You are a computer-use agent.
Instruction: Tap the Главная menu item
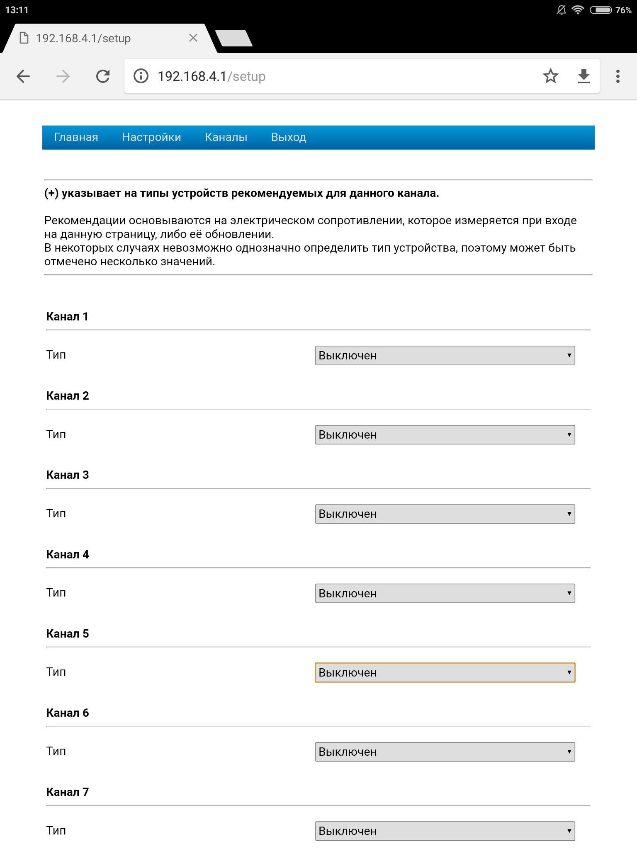pos(76,137)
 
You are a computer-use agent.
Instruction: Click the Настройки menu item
pos(151,137)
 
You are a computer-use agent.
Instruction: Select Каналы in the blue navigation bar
pos(226,137)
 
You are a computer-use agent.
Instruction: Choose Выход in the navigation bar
pos(289,137)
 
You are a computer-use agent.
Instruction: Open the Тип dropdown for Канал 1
pos(445,355)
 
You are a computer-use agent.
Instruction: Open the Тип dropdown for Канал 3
pos(445,514)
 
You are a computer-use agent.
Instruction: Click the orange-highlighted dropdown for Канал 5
pos(445,672)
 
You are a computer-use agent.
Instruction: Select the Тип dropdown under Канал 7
pos(445,831)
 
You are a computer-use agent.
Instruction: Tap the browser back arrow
pos(23,76)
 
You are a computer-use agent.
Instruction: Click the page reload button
pos(103,76)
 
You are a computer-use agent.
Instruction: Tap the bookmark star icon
pos(550,76)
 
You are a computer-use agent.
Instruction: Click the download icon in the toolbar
pos(584,76)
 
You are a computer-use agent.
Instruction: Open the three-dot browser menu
pos(618,76)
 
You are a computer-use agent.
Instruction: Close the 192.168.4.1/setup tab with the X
pos(193,38)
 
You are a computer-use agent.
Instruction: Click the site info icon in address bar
pos(141,76)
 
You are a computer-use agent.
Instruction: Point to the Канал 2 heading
pos(68,396)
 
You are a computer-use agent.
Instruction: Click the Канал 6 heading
pos(68,713)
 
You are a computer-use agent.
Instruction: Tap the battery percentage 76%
pos(623,10)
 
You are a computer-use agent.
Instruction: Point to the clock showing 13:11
pos(17,10)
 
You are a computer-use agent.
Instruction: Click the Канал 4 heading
pos(68,555)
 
